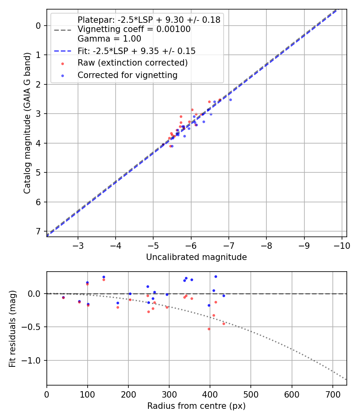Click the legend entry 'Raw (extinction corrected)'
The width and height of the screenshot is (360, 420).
[x=132, y=63]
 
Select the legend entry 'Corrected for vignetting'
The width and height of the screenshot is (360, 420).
[x=127, y=75]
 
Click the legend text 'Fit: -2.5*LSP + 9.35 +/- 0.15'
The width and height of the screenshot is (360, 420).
[x=136, y=51]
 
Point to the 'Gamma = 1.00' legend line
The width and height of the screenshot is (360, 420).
[x=109, y=39]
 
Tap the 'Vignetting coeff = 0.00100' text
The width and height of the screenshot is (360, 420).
[x=134, y=29]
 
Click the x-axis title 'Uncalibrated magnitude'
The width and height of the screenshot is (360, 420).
[x=196, y=257]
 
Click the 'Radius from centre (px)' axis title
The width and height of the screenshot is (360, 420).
[x=196, y=406]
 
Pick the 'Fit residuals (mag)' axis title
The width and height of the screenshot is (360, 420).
[x=12, y=329]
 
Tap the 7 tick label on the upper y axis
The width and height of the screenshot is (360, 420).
[x=38, y=231]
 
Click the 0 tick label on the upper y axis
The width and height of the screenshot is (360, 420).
[x=38, y=26]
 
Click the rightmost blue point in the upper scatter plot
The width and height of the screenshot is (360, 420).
[x=230, y=100]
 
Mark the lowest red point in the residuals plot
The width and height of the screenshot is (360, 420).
[x=209, y=329]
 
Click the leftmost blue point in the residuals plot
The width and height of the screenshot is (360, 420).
[x=63, y=297]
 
